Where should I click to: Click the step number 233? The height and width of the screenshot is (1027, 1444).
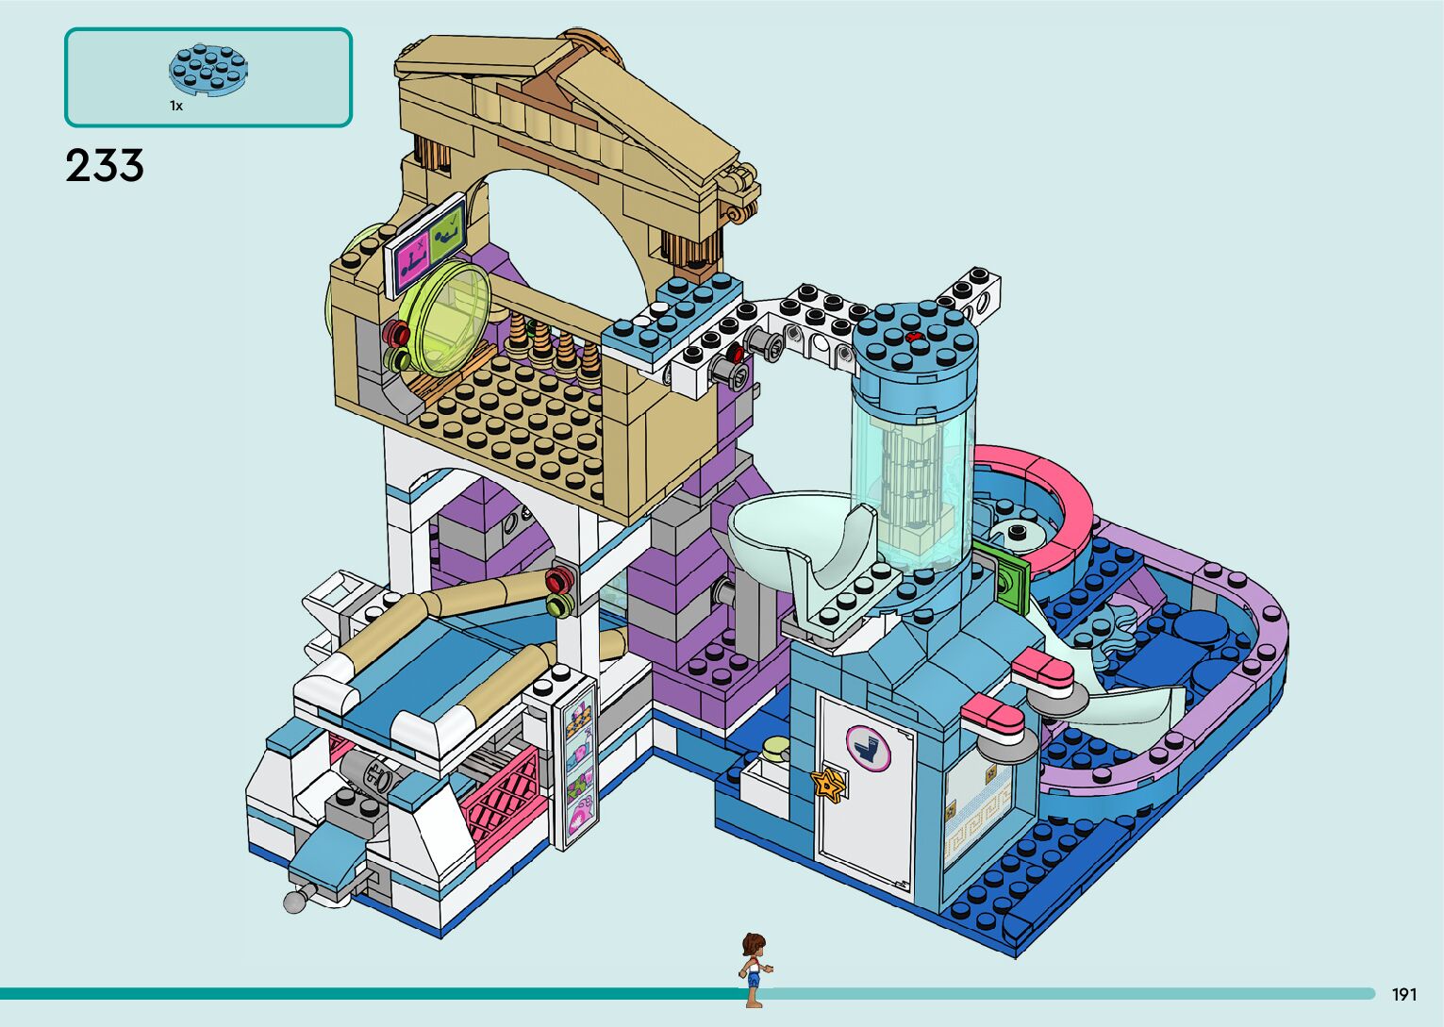[x=105, y=166]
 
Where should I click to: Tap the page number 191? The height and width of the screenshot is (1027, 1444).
[x=1404, y=994]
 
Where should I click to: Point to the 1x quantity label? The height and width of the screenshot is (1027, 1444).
[x=176, y=106]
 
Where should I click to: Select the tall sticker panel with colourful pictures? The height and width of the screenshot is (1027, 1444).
[x=578, y=763]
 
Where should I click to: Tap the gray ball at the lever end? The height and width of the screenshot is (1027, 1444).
[x=294, y=903]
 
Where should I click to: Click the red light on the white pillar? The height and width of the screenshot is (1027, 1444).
[x=560, y=575]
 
